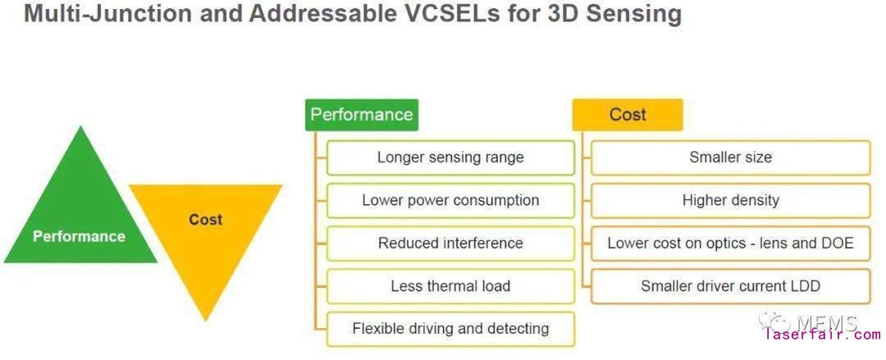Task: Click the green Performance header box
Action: click(362, 115)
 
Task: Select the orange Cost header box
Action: click(628, 115)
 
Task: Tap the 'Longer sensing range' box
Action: click(450, 157)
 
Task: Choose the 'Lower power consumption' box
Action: click(450, 200)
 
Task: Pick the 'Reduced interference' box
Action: click(450, 244)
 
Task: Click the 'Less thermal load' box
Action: click(450, 286)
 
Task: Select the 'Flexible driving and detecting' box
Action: click(450, 329)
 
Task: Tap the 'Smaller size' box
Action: click(730, 157)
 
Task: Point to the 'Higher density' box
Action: click(730, 200)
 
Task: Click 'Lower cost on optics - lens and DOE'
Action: click(730, 244)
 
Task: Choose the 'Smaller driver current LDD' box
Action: click(730, 286)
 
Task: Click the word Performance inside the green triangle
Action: click(79, 236)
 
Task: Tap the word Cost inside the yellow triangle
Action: click(205, 219)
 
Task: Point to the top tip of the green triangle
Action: click(80, 128)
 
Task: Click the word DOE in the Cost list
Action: click(836, 244)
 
